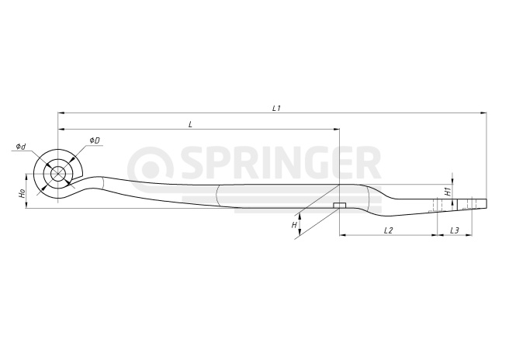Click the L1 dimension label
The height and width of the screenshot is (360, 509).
point(276,108)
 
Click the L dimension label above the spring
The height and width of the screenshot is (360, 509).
point(191,124)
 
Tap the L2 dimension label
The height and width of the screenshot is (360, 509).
point(388,230)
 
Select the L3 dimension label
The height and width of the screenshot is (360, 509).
point(455,230)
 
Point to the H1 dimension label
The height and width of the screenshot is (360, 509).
point(448,192)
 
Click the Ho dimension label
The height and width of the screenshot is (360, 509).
point(22,194)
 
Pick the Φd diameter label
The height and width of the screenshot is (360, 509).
point(21,147)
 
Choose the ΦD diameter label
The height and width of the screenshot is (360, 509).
point(95,140)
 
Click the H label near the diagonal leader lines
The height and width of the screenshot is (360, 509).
point(294,225)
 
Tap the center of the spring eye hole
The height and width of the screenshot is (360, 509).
point(57,174)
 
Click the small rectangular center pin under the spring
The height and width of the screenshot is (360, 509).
point(340,205)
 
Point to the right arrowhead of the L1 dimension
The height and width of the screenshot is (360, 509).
point(483,113)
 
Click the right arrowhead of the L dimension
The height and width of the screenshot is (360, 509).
point(336,130)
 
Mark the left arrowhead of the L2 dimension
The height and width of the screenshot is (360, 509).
point(343,235)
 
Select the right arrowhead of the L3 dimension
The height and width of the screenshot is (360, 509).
point(468,235)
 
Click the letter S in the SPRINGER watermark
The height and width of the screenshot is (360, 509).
point(194,163)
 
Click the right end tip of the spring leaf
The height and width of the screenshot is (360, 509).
point(487,203)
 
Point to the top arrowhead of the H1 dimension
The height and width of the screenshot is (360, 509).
point(453,181)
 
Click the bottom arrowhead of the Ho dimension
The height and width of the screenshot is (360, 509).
point(26,205)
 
